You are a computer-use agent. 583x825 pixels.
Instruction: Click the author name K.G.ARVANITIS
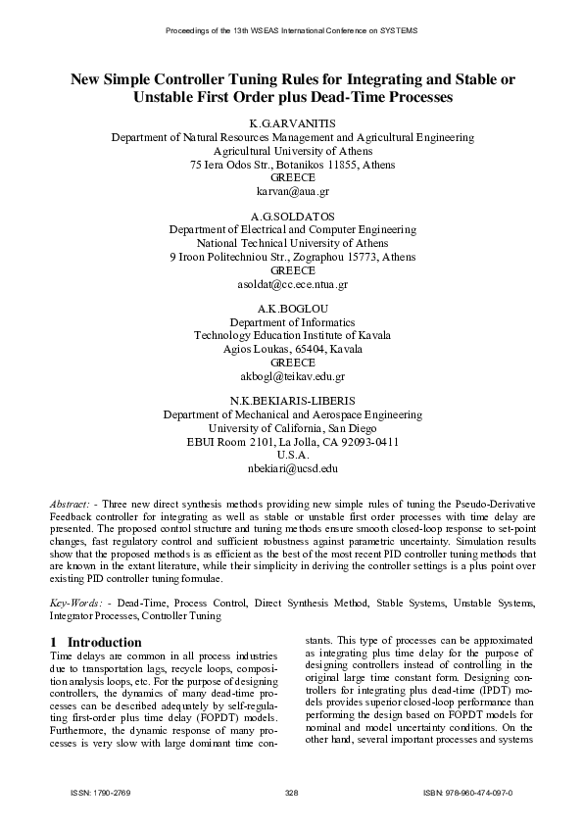292,124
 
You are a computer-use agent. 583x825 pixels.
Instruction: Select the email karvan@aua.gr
292,193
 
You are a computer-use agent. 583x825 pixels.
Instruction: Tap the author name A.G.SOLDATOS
292,216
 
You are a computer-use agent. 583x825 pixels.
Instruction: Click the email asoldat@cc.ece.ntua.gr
292,284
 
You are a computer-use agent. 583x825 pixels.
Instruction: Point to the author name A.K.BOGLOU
292,308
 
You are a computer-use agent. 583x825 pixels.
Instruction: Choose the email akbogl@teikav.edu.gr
292,376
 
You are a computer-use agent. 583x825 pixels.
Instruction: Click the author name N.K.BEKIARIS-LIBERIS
292,400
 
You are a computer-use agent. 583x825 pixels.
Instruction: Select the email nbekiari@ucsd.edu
292,469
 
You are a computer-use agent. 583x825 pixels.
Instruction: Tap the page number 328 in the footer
291,791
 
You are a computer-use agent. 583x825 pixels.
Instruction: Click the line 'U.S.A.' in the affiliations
292,455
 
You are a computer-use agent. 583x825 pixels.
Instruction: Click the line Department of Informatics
292,321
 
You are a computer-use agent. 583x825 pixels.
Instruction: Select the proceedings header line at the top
291,31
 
